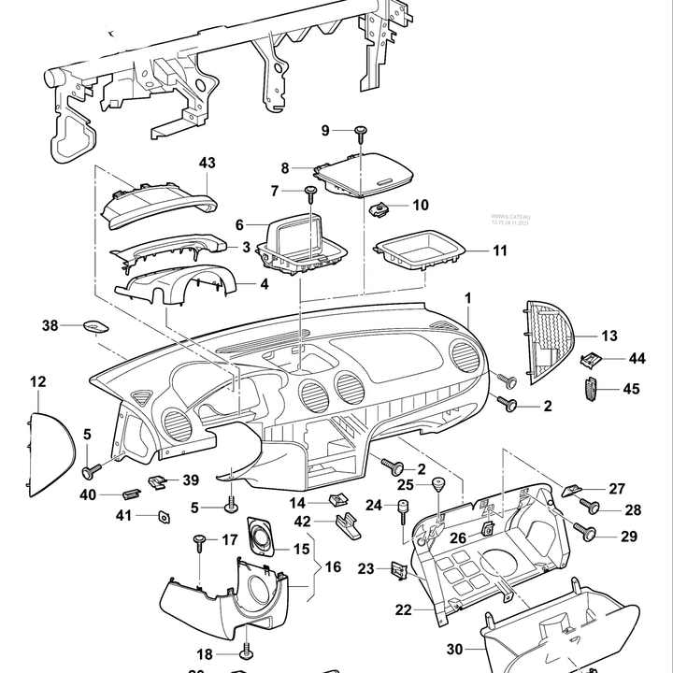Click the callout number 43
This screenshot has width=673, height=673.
[207, 163]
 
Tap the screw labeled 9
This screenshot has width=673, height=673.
[360, 133]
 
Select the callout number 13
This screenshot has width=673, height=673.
[609, 336]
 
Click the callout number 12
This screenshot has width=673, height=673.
[37, 381]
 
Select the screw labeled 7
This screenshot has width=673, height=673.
[309, 193]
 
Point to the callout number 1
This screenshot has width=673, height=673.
[468, 297]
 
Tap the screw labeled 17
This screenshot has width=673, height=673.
[199, 541]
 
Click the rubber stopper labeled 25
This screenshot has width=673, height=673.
[436, 484]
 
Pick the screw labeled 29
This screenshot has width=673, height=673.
[590, 534]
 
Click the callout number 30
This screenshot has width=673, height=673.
[454, 650]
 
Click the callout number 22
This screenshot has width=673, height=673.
[403, 610]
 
